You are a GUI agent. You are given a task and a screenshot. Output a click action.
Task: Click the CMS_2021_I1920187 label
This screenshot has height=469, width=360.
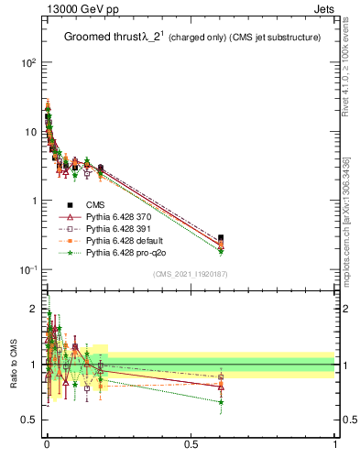coord(190,274)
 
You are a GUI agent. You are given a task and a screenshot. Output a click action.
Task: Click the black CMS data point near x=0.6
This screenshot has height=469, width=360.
coord(221,238)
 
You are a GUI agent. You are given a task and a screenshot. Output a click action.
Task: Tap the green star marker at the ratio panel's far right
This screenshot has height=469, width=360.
coord(221,402)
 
